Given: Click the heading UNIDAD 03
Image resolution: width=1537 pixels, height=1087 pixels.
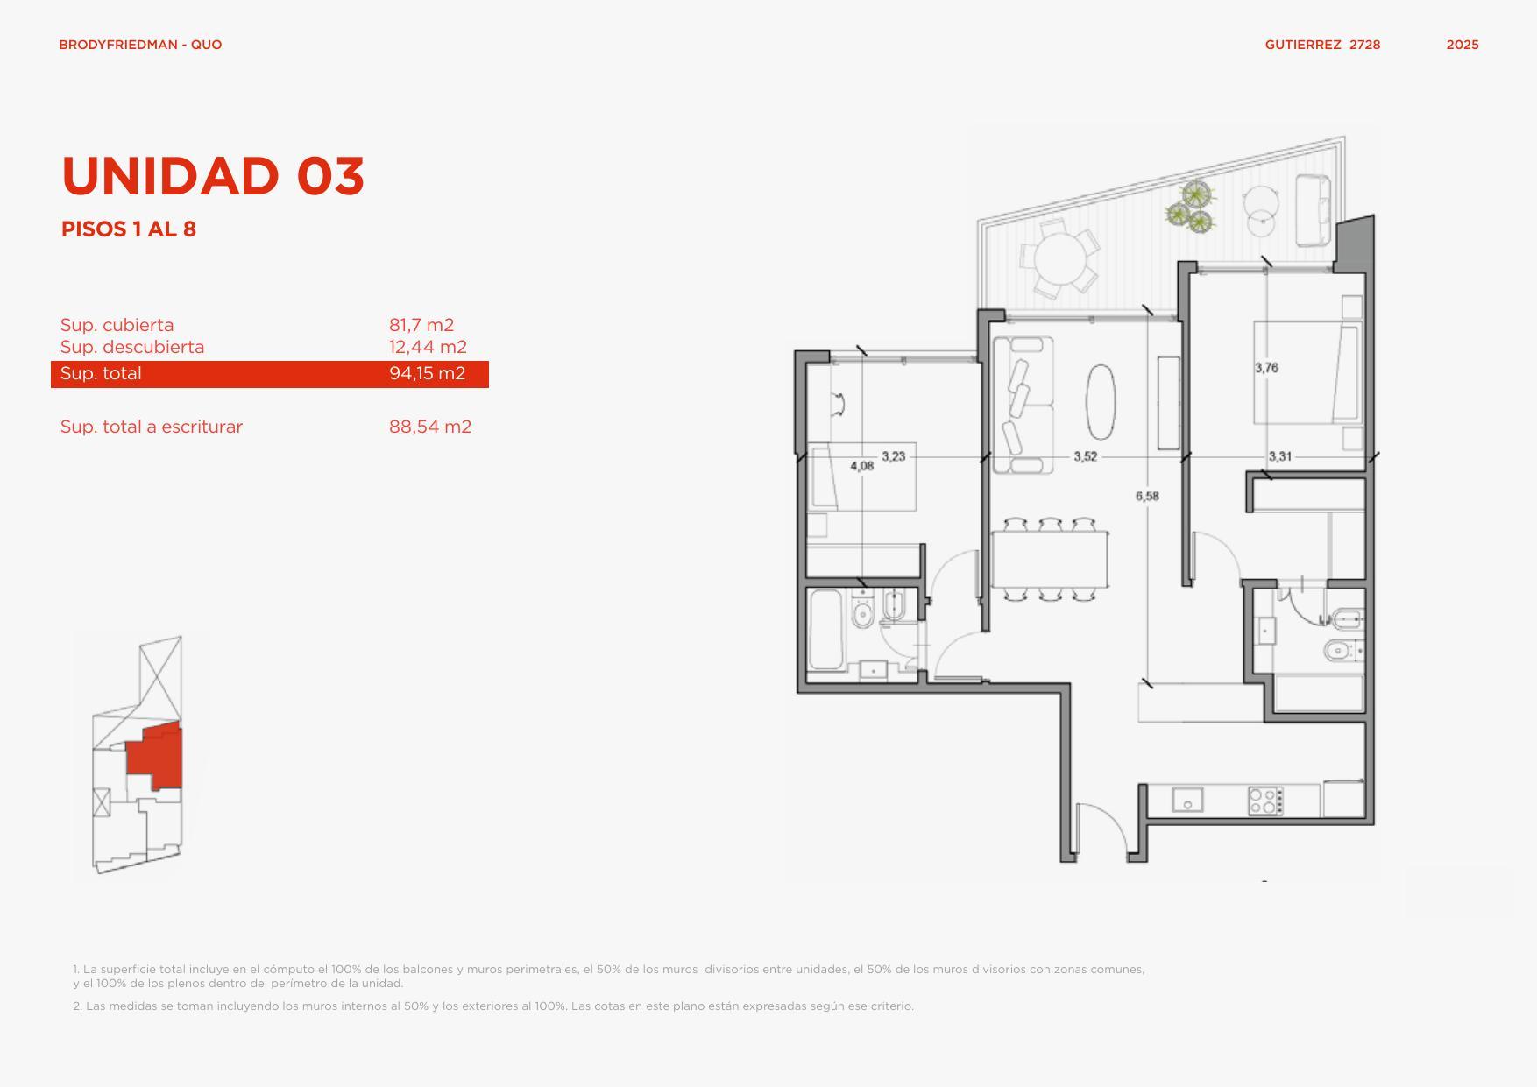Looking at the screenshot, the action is tap(213, 176).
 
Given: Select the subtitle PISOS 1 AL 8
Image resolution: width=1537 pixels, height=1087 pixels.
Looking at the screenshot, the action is tap(129, 229).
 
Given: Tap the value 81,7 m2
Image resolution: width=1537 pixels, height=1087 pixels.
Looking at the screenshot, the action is tap(421, 325).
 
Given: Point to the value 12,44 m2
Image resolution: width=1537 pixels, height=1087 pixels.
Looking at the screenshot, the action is tap(428, 347).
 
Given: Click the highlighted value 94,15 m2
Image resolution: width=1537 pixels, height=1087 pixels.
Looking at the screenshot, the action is tap(427, 373).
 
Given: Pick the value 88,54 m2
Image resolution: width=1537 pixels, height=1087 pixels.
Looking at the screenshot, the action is tap(430, 427).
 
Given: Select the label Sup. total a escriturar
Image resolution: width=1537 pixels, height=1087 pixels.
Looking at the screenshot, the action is tap(152, 427).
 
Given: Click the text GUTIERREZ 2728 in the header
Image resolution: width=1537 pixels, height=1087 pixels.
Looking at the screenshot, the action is tap(1322, 45).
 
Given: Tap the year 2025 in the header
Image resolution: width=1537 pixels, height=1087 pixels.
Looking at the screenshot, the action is tap(1463, 45).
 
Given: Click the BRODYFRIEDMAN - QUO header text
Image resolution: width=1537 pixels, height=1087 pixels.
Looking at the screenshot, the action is tap(140, 45).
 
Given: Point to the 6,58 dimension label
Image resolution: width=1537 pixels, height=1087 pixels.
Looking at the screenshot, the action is tap(1147, 496).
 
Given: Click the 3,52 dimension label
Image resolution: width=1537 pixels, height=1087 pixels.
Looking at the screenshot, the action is tap(1086, 456).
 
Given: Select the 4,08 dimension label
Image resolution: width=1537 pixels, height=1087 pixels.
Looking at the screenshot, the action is tap(862, 466).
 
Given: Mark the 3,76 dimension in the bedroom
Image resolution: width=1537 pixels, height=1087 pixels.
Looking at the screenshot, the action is tap(1266, 368).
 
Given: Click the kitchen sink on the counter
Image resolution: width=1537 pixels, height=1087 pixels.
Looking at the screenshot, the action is tap(1187, 801).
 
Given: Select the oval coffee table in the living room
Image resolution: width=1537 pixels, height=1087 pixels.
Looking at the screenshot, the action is tap(1101, 401).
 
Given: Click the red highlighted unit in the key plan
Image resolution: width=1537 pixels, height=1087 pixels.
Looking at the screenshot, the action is tap(154, 754).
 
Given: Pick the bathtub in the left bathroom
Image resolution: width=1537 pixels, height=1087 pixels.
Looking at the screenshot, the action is tap(826, 630).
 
